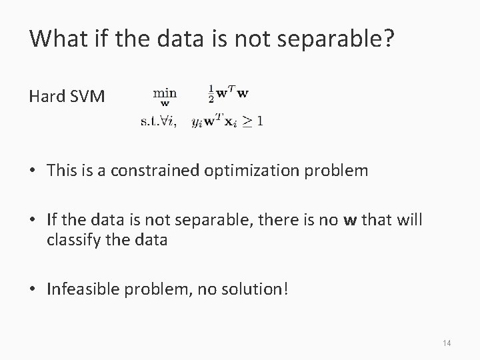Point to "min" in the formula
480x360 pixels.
(x=165, y=92)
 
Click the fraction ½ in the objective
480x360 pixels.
(x=211, y=93)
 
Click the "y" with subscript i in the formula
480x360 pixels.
(x=196, y=122)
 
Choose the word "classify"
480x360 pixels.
(x=72, y=239)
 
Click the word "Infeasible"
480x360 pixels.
(x=81, y=290)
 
